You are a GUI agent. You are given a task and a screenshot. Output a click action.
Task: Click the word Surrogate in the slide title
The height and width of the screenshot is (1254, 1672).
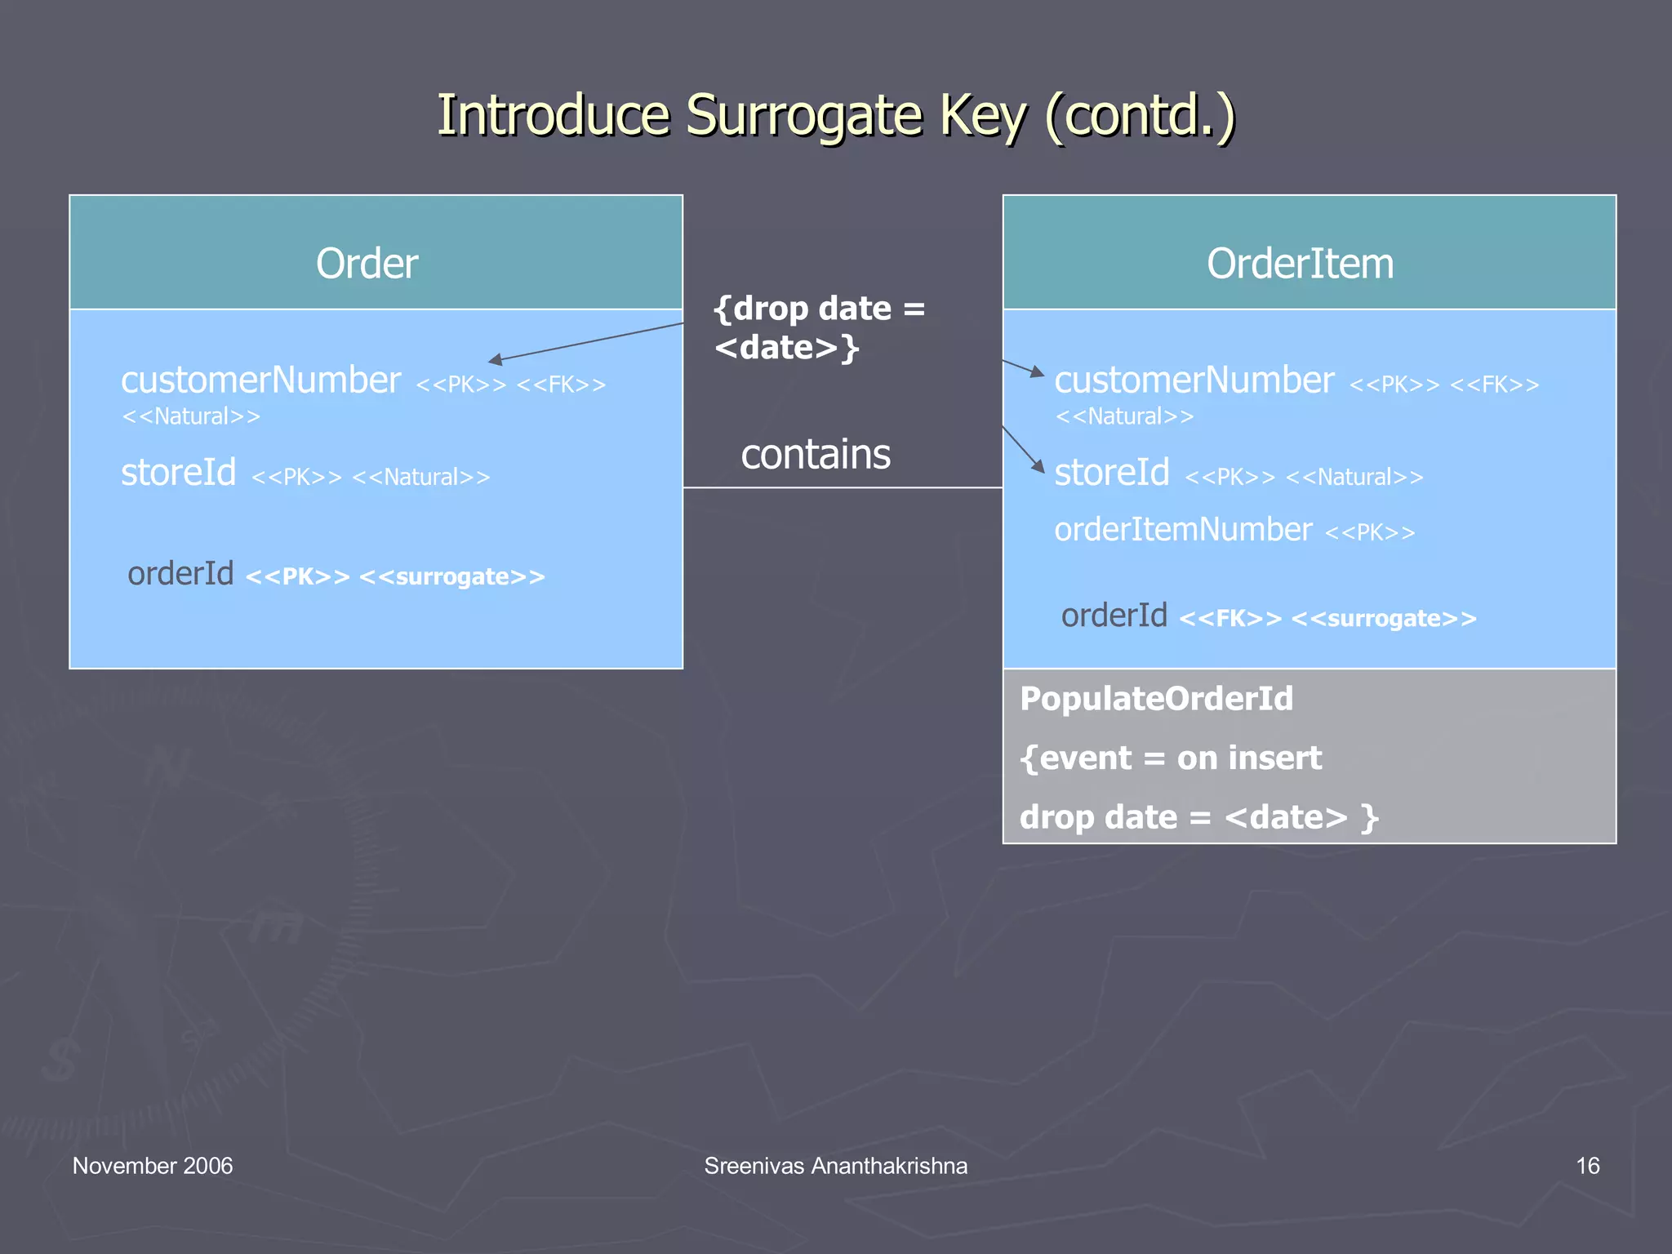(803, 116)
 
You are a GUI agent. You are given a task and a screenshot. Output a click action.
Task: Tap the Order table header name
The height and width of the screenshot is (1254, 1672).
(367, 264)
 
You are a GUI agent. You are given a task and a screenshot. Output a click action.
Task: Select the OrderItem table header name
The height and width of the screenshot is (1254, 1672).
(1300, 264)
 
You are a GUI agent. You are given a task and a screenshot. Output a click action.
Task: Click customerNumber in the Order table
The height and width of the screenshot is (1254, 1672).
(260, 380)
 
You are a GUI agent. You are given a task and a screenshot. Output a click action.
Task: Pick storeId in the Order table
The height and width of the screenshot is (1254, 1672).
(178, 473)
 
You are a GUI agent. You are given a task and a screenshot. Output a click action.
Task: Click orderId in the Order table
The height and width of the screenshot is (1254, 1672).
(180, 574)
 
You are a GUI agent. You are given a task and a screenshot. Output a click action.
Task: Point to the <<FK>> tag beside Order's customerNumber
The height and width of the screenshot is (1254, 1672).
(561, 385)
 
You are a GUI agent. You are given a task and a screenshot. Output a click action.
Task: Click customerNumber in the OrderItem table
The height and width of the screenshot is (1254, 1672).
(1194, 380)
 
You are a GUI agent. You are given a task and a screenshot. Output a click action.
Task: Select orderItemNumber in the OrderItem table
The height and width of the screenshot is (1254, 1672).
(1183, 530)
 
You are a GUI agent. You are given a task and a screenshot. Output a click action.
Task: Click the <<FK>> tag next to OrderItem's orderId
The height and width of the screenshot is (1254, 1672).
(1230, 619)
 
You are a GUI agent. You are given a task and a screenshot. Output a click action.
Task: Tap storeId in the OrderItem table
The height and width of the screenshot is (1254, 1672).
(1111, 473)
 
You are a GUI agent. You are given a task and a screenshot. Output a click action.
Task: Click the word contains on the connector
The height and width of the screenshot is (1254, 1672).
(815, 455)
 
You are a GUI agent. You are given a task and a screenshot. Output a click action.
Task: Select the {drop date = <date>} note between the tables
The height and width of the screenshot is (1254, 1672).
(818, 328)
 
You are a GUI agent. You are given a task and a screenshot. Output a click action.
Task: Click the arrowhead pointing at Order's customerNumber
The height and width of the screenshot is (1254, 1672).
(495, 359)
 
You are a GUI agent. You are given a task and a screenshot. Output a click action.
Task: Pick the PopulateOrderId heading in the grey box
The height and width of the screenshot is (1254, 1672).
(1156, 699)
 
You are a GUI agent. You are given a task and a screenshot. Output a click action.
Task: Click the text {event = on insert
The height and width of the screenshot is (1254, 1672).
(1170, 758)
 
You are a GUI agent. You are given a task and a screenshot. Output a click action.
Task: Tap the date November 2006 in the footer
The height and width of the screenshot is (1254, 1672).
(153, 1166)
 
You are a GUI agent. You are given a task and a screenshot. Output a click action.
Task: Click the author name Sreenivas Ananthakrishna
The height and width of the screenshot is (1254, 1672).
(835, 1166)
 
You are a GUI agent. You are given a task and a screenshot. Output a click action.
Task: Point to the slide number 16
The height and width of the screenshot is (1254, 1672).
(1587, 1166)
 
